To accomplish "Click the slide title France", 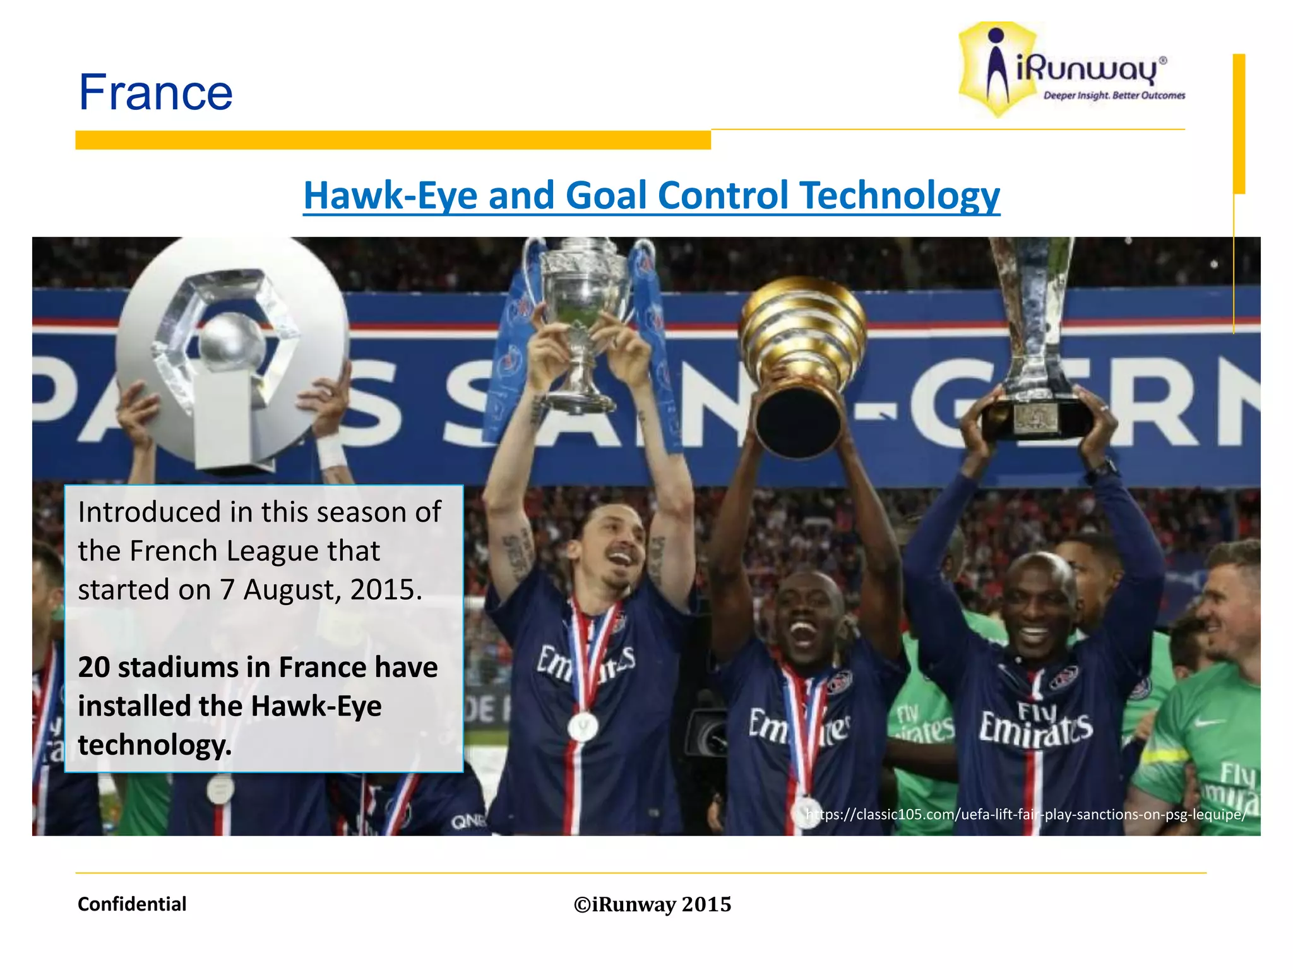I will (155, 92).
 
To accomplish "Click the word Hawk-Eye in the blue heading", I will (391, 195).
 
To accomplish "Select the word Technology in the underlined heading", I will (899, 195).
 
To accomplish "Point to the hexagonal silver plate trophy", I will (230, 354).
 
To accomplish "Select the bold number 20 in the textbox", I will (94, 668).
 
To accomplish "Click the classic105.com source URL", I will (1025, 814).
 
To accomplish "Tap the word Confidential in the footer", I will (132, 904).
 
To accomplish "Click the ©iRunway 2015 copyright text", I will (652, 904).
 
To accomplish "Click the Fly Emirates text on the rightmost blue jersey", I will (1035, 723).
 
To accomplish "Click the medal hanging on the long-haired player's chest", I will (582, 726).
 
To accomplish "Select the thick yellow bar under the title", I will (393, 140).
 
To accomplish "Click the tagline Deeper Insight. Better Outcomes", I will (1114, 96).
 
